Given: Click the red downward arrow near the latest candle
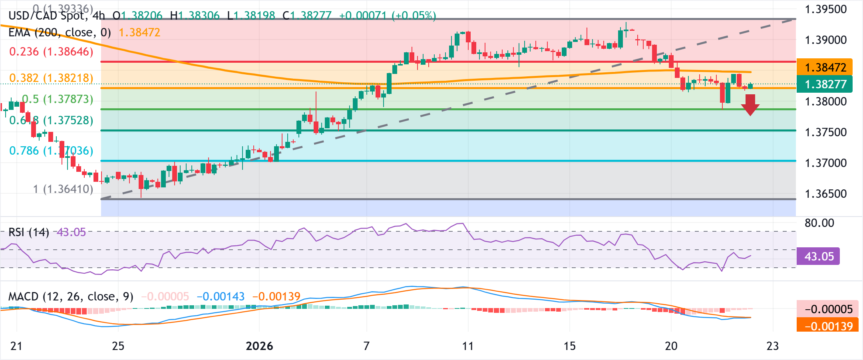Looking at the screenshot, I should [750, 105].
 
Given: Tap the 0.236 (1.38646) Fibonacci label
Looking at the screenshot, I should [51, 52].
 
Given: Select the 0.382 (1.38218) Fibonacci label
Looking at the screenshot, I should [51, 78].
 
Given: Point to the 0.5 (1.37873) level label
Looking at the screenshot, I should [58, 99].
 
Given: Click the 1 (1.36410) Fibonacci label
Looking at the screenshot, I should [63, 189].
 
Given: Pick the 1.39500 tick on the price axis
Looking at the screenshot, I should [825, 9].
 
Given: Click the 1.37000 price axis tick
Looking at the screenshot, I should [825, 163].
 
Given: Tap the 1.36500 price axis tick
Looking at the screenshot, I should [825, 194].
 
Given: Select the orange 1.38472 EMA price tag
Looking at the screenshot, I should [825, 67].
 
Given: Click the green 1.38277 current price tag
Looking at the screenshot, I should [825, 84].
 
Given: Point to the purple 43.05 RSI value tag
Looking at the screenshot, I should [819, 256].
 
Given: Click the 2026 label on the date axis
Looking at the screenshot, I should [259, 346].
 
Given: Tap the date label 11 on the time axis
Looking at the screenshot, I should [468, 346].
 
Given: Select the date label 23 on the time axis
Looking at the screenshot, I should [773, 346].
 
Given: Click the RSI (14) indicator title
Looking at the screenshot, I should [29, 232].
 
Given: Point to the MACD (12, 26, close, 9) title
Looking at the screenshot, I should [71, 296].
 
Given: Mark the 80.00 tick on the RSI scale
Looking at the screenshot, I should [819, 223].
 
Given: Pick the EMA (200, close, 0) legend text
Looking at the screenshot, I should [60, 32].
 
